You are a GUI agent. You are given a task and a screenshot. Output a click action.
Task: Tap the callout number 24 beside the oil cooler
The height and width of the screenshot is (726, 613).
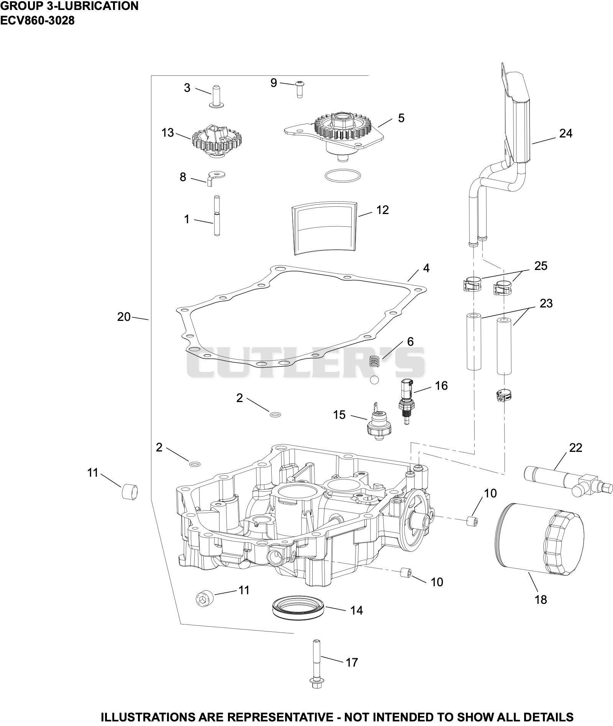click(565, 134)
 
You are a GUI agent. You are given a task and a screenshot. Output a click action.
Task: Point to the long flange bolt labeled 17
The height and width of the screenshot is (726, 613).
click(316, 664)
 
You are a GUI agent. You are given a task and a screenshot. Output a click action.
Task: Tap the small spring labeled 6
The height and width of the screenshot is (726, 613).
click(374, 361)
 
